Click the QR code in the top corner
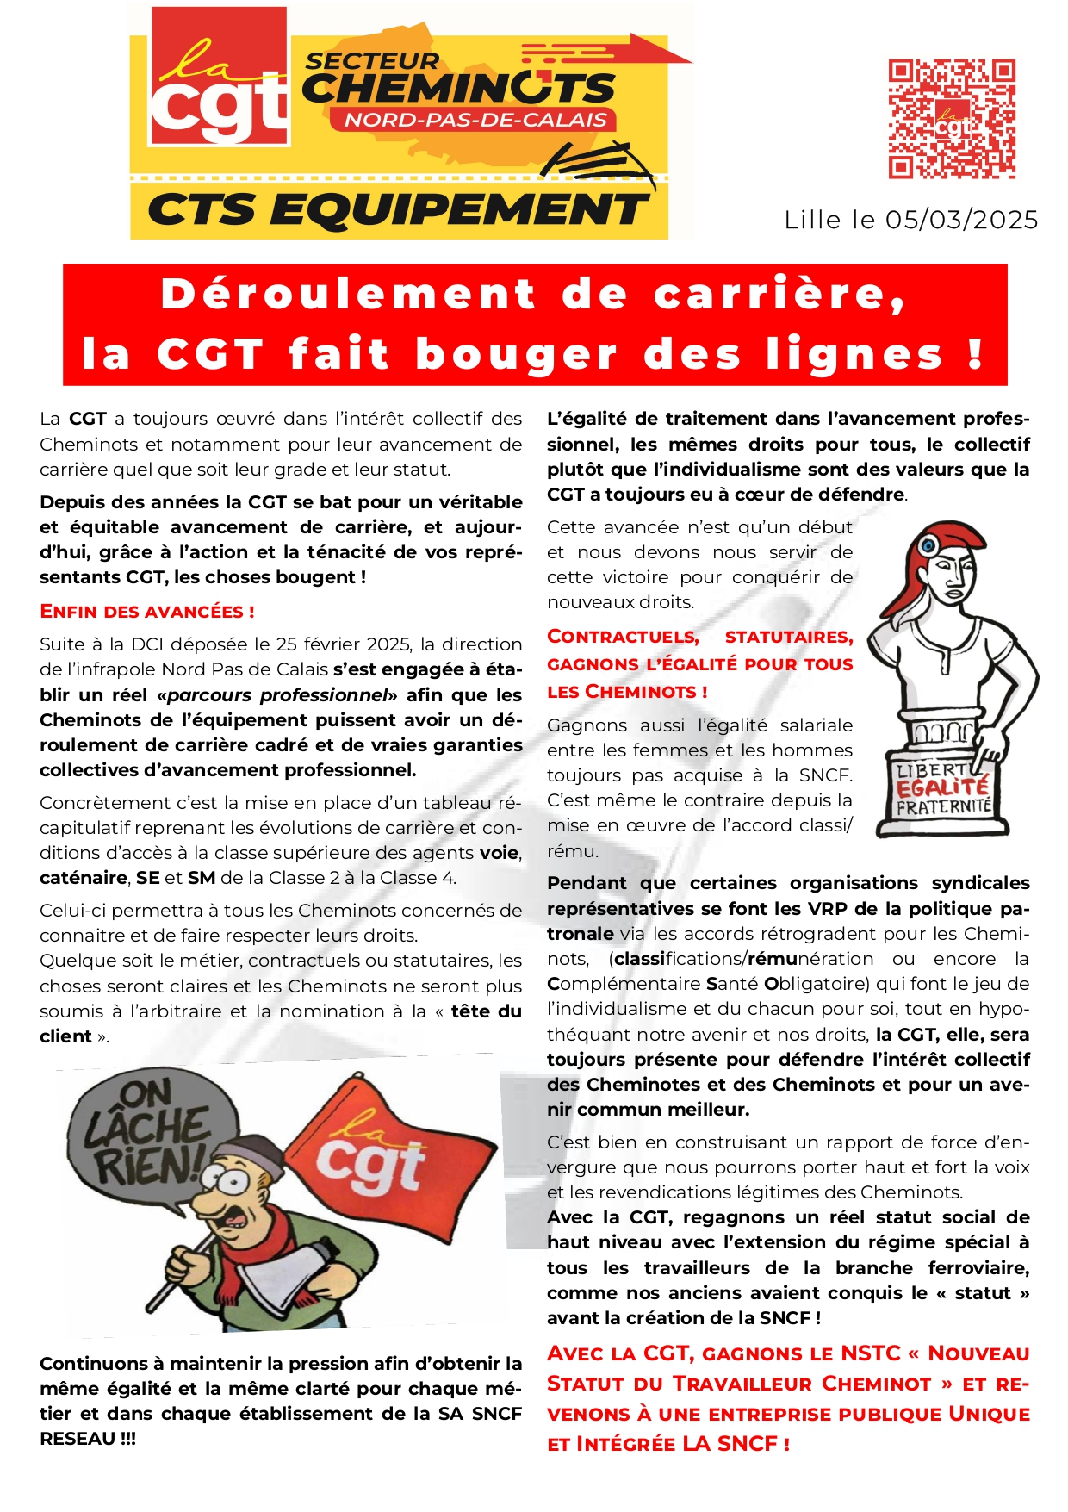coord(952,119)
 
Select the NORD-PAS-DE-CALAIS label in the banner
coord(475,120)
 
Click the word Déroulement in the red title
coord(348,294)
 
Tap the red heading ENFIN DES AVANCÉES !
coord(147,612)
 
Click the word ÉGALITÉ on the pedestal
coord(942,787)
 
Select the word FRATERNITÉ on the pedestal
coord(943,807)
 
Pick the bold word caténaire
coord(83,878)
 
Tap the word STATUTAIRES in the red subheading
coord(788,638)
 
